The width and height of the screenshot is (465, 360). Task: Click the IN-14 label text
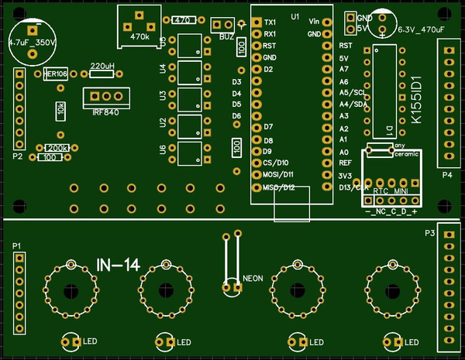click(118, 265)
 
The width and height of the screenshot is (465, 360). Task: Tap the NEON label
click(253, 277)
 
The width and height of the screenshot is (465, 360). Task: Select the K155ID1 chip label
click(417, 101)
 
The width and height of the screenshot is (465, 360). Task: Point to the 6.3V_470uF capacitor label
click(420, 30)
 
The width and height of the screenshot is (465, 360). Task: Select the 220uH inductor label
click(103, 66)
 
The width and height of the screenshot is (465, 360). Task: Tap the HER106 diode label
click(55, 74)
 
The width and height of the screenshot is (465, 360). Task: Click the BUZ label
click(227, 36)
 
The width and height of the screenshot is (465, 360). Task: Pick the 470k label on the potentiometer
click(139, 36)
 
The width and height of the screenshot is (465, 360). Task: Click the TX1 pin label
click(270, 22)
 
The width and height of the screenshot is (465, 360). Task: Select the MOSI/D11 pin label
click(276, 175)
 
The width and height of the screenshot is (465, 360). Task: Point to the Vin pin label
click(314, 20)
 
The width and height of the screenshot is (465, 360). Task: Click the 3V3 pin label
click(345, 176)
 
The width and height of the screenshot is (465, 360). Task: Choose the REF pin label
click(346, 163)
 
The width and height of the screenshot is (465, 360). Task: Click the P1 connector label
click(18, 245)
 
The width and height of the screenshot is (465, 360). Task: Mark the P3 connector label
click(430, 233)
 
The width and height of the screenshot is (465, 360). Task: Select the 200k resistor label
click(58, 148)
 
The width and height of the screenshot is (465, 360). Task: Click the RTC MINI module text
click(391, 190)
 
